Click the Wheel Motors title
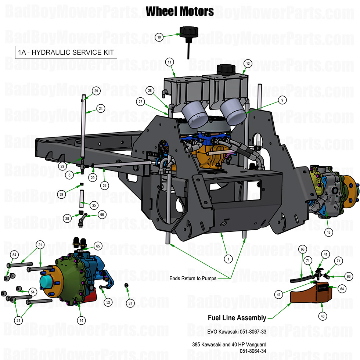pyautogui.click(x=180, y=11)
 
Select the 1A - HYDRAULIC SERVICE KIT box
pyautogui.click(x=66, y=52)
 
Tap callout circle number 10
pyautogui.click(x=159, y=37)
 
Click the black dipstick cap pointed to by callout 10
pyautogui.click(x=188, y=32)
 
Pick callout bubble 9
pyautogui.click(x=282, y=100)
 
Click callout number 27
pyautogui.click(x=140, y=102)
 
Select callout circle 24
pyautogui.click(x=100, y=108)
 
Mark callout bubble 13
pyautogui.click(x=328, y=232)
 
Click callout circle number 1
pyautogui.click(x=228, y=259)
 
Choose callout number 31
pyautogui.click(x=130, y=303)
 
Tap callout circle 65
pyautogui.click(x=98, y=246)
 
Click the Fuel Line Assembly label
pyautogui.click(x=237, y=318)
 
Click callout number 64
pyautogui.click(x=342, y=289)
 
